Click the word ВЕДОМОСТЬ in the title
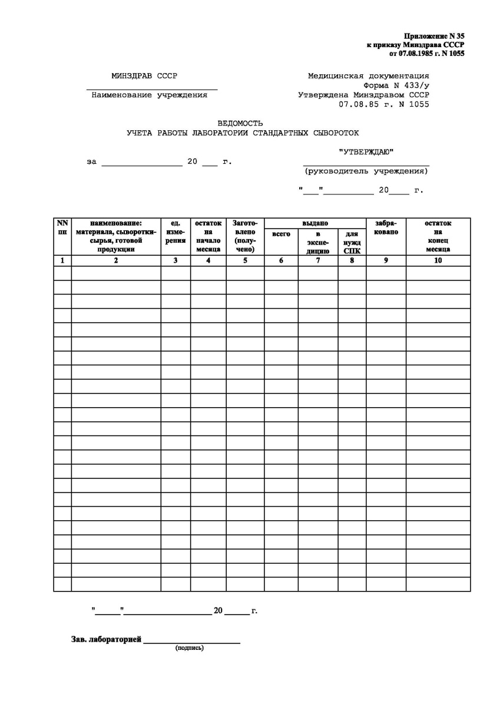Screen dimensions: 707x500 pos(240,123)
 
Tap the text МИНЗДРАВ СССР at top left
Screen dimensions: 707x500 pos(144,76)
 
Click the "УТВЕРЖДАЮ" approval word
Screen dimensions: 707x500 pos(366,153)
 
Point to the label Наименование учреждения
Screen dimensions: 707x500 pos(150,94)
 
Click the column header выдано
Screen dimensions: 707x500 pos(315,223)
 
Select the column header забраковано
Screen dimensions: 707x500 pos(386,227)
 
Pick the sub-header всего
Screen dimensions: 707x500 pos(281,234)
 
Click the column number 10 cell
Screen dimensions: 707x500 pos(438,260)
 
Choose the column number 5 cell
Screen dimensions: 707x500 pos(245,260)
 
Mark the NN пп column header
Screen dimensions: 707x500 pos(62,227)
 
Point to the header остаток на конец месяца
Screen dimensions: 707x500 pos(438,236)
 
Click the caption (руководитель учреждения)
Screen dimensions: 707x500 pos(366,171)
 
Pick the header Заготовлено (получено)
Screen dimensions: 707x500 pos(245,236)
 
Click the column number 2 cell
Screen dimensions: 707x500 pos(116,260)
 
